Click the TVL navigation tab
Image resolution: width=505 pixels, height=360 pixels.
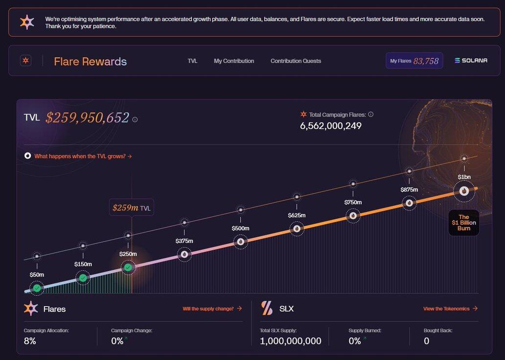pos(192,61)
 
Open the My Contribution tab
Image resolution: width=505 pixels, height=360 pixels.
pos(234,61)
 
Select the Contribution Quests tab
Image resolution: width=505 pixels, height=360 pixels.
pos(296,61)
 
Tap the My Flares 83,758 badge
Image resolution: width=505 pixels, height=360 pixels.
pos(414,61)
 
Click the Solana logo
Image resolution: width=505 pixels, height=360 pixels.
pos(471,61)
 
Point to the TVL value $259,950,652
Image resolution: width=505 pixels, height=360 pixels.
pos(87,118)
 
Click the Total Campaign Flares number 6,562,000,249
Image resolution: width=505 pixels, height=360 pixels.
pos(331,126)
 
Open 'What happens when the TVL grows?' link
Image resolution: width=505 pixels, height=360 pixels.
pos(83,156)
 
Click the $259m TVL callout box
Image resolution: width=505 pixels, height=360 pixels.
pos(131,208)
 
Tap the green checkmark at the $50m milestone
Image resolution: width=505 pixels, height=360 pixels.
pos(37,288)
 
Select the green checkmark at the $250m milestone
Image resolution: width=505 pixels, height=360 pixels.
pos(128,267)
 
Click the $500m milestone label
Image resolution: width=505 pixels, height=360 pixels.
pos(240,228)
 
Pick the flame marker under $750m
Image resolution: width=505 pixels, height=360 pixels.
pos(353,216)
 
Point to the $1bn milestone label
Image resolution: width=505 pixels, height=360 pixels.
pos(464,177)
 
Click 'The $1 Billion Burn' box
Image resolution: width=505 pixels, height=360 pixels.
pos(463,223)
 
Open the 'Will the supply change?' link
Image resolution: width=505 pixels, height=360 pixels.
pos(212,309)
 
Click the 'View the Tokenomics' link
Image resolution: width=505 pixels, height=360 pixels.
pos(450,309)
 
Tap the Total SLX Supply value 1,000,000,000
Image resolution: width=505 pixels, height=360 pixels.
pos(290,341)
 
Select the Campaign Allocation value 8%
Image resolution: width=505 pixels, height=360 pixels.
pos(30,341)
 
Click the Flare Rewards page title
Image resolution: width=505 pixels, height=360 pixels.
pos(90,62)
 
